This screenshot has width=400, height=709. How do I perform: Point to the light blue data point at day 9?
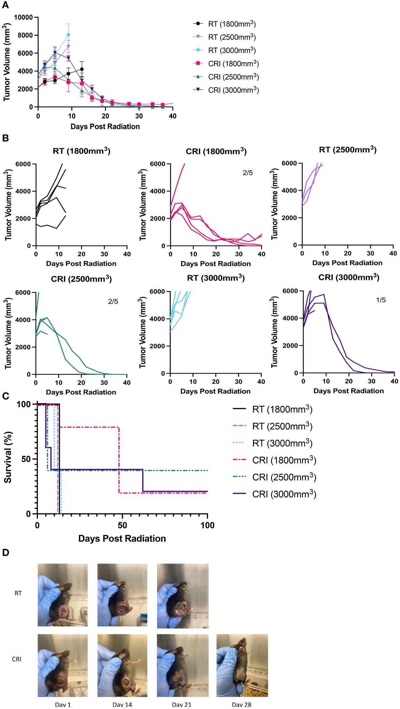pyautogui.click(x=68, y=35)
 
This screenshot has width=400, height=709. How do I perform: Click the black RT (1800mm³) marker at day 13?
pyautogui.click(x=82, y=69)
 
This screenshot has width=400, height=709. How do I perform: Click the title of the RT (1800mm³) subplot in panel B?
pyautogui.click(x=81, y=151)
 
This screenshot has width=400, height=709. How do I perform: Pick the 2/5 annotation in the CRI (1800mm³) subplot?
pyautogui.click(x=248, y=173)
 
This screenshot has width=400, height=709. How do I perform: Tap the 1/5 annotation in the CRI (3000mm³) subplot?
pyautogui.click(x=381, y=300)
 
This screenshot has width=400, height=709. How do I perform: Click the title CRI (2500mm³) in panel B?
pyautogui.click(x=81, y=279)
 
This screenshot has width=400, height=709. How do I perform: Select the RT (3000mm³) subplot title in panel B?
pyautogui.click(x=216, y=278)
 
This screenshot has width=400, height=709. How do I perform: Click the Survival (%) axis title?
pyautogui.click(x=8, y=457)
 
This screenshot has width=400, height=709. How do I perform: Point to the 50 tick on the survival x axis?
pyautogui.click(x=122, y=525)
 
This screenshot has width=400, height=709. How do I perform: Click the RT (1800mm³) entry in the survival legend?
pyautogui.click(x=273, y=409)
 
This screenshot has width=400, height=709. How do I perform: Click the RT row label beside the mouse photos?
pyautogui.click(x=18, y=593)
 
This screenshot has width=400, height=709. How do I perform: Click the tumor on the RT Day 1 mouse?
pyautogui.click(x=63, y=611)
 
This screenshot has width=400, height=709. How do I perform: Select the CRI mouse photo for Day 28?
pyautogui.click(x=242, y=665)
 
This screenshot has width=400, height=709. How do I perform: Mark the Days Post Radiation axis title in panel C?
pyautogui.click(x=122, y=538)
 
